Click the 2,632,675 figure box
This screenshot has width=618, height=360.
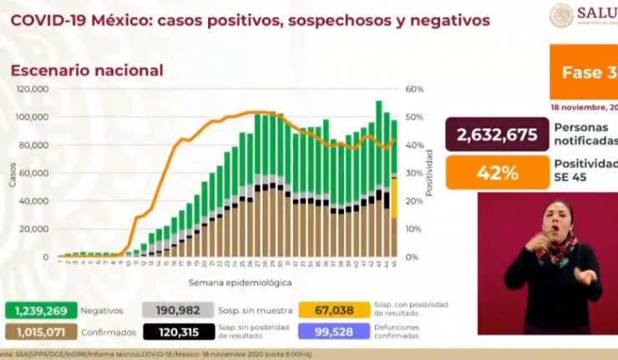496,135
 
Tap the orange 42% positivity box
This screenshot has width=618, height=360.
496,173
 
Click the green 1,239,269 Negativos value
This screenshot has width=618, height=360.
42,310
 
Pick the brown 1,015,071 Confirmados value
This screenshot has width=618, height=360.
42,332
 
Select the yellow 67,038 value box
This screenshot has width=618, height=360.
332,310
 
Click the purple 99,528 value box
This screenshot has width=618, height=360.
332,332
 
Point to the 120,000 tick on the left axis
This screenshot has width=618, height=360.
33,89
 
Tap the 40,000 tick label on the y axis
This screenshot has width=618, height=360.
35,201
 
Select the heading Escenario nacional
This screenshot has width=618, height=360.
86,71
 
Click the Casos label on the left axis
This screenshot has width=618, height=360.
13,173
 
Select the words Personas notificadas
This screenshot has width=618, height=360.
585,135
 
